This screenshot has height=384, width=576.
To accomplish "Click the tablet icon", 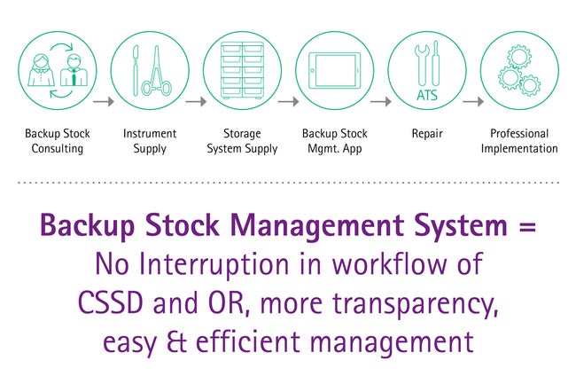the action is tap(335, 70).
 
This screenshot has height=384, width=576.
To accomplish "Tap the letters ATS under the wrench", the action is tap(427, 96).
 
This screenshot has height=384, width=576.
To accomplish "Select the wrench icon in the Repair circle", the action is tap(422, 65).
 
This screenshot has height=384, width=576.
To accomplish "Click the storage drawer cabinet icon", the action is tap(243, 70).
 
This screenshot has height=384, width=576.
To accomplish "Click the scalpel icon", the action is tap(136, 71).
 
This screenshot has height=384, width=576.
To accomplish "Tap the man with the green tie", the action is tap(74, 70).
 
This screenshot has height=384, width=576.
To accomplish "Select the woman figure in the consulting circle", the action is tap(41, 70).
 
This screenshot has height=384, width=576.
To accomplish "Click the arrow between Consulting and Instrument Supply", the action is tap(104, 101).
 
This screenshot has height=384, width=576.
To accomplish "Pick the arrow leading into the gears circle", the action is tap(473, 101).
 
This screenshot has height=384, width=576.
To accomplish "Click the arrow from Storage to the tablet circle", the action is tap(288, 101).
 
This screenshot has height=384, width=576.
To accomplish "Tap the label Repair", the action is tap(427, 134).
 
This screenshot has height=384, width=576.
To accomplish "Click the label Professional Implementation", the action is tap(519, 141).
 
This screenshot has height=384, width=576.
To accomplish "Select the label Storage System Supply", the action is tap(242, 141).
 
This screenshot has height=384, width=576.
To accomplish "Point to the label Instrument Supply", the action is tap(150, 141).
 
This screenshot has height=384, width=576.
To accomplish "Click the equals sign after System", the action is tap(528, 226).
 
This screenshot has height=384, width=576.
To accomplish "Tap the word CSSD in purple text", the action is tap(110, 302).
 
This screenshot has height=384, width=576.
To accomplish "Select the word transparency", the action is tap(415, 306).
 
